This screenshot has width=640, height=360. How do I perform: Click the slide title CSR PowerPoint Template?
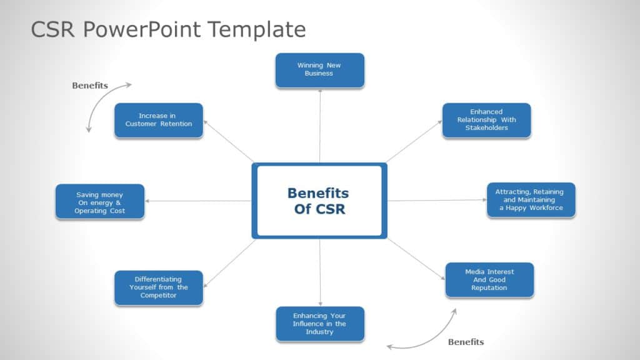168,29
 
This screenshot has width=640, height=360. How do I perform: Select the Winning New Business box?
319,69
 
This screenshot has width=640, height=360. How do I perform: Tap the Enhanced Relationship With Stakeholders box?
486,120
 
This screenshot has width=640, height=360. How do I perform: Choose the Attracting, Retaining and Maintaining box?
531,200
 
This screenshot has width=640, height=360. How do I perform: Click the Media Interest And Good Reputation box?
489,279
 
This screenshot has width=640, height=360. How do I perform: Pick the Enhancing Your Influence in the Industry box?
319,324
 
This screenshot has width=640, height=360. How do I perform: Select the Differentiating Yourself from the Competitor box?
158,287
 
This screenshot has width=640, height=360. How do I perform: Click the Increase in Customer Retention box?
158,120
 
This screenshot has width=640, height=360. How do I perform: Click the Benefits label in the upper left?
90,86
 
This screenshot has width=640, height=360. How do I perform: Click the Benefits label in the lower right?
466,342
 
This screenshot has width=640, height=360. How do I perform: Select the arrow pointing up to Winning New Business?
319,125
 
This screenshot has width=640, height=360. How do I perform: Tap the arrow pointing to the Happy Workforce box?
437,200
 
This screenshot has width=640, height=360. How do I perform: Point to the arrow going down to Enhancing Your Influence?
320,272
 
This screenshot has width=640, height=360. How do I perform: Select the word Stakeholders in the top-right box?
486,128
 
